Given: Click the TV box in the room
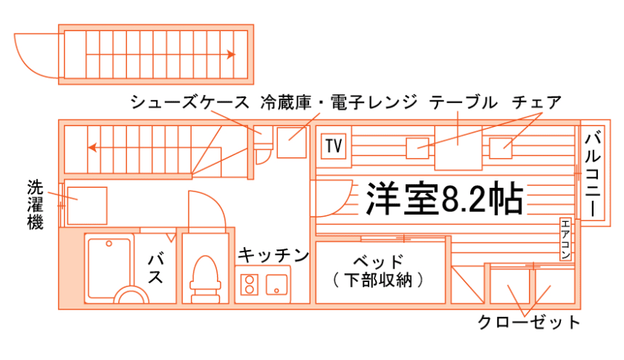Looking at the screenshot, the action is click(x=334, y=145).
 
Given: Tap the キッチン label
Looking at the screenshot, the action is click(x=273, y=256).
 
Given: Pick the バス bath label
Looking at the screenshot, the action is click(x=156, y=268).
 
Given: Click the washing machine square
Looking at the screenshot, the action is click(x=87, y=204).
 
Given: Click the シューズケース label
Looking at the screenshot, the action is click(x=191, y=102).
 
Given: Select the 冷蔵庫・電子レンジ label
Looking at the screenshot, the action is click(x=339, y=102).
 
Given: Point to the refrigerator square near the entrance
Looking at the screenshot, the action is click(x=292, y=143).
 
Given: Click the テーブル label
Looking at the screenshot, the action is click(x=463, y=102).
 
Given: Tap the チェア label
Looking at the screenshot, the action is click(x=536, y=102).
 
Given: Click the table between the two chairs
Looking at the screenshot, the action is click(x=458, y=151).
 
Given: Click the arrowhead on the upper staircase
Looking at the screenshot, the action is click(x=232, y=54).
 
